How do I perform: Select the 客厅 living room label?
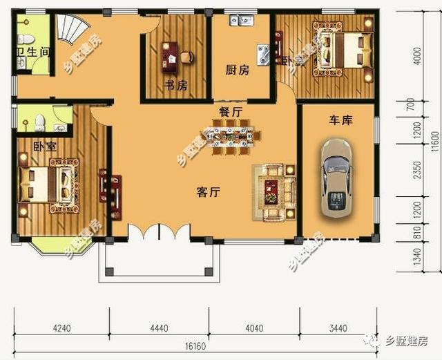pyautogui.click(x=207, y=193)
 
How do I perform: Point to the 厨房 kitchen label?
pyautogui.click(x=237, y=70)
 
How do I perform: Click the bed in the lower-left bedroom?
pyautogui.click(x=46, y=184)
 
